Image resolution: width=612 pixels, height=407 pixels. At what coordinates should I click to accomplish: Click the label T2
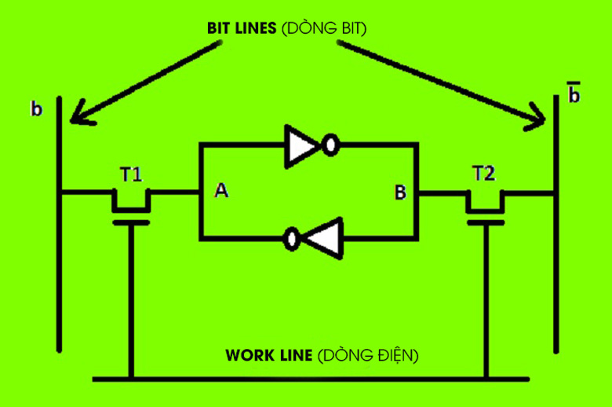(x=484, y=174)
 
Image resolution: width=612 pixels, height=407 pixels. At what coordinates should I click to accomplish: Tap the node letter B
(x=400, y=192)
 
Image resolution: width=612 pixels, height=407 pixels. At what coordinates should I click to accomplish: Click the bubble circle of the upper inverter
(x=332, y=145)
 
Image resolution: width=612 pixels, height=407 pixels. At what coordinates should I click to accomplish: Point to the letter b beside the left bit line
(x=36, y=109)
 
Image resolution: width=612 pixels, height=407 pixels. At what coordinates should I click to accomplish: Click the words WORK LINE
(x=269, y=355)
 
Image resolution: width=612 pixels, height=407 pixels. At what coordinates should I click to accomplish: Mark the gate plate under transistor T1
(x=130, y=222)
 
